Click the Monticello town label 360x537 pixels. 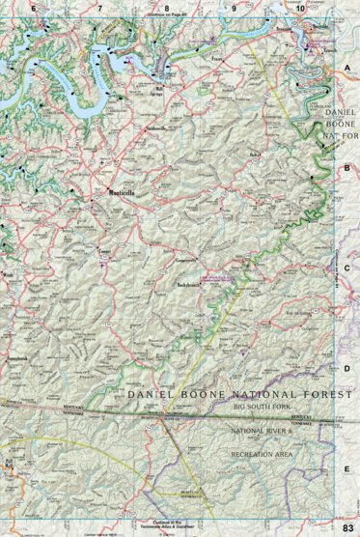tap(123, 193)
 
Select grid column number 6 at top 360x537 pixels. tap(34, 9)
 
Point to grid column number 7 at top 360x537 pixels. tap(100, 9)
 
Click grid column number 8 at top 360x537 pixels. tap(167, 9)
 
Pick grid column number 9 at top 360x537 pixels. tap(234, 9)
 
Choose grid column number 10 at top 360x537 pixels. tap(300, 9)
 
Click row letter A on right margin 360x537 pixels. tap(347, 69)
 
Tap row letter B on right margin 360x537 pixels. tap(347, 167)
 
